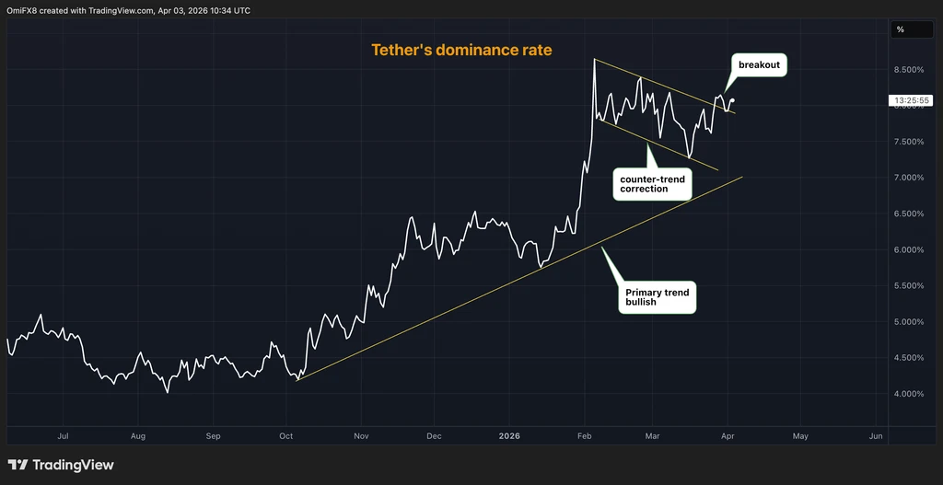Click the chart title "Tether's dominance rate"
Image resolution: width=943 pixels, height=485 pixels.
[x=461, y=50]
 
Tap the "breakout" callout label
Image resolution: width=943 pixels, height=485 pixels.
[x=759, y=65]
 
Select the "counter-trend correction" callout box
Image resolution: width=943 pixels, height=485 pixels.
[x=651, y=183]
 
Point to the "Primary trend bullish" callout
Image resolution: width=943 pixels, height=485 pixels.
[x=657, y=297]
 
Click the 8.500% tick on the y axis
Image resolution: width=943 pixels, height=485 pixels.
[x=908, y=70]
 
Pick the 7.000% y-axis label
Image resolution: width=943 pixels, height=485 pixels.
[x=908, y=178]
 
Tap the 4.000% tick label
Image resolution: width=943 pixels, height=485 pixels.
[x=908, y=394]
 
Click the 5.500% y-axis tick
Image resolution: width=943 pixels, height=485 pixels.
[x=908, y=286]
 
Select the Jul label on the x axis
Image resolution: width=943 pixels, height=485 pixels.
[x=63, y=436]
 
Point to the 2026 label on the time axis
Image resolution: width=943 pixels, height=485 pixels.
[x=509, y=436]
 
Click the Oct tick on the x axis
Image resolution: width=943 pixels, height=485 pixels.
[x=286, y=436]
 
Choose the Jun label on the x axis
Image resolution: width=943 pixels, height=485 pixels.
[x=877, y=436]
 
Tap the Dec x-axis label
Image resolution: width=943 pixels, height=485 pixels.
[x=435, y=436]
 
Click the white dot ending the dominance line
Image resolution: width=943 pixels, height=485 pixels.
[x=732, y=100]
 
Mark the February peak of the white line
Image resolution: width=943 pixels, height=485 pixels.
[x=594, y=59]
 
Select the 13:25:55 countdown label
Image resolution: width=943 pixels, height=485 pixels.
[x=911, y=101]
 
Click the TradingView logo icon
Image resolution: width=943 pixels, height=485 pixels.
[x=17, y=465]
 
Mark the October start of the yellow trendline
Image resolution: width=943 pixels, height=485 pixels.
[x=297, y=380]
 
